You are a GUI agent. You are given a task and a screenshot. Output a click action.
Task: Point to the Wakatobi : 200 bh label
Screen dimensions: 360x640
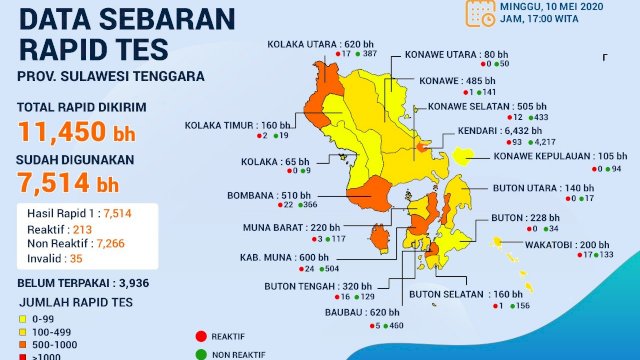[x=581, y=245]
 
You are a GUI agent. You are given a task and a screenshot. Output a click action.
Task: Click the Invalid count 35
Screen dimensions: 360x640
[x=76, y=257]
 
